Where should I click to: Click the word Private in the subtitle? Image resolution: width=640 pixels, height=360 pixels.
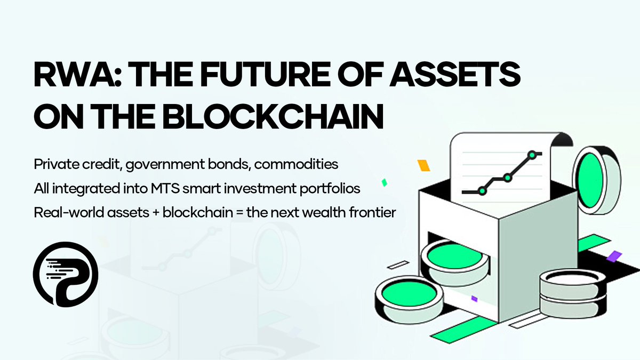click(54, 164)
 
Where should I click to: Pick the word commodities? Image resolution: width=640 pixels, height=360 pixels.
click(296, 164)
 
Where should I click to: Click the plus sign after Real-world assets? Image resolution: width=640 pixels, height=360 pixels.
click(153, 212)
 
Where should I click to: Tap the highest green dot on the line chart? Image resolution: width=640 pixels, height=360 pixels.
click(531, 155)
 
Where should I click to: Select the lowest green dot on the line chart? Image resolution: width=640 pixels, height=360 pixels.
click(482, 190)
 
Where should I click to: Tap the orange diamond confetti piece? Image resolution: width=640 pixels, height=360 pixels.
click(423, 165)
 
